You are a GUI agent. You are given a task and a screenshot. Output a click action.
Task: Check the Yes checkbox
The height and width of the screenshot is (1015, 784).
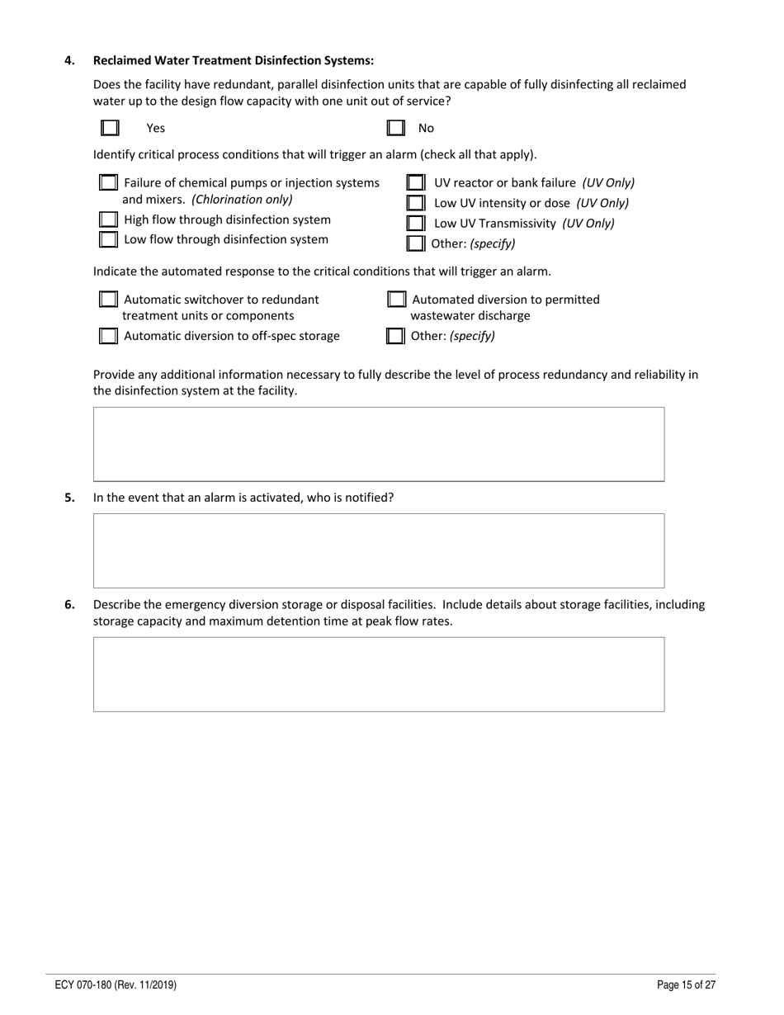(110, 128)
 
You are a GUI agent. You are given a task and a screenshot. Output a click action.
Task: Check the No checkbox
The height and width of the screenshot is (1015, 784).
(396, 128)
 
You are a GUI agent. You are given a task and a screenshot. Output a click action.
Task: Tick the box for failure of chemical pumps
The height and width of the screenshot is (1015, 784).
(108, 182)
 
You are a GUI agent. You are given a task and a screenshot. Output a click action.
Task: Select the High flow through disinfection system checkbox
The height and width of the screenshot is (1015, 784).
(108, 220)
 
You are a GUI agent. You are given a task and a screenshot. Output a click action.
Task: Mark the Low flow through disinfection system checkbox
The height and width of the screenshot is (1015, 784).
(108, 239)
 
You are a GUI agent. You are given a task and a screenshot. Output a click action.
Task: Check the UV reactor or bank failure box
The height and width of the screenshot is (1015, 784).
(416, 182)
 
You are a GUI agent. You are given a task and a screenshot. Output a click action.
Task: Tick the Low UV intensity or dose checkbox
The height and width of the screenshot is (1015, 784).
(416, 203)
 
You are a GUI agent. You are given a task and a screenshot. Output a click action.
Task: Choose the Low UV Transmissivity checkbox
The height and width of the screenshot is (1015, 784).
(416, 223)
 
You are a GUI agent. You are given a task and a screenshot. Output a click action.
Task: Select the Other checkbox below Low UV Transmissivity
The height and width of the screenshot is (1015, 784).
(416, 243)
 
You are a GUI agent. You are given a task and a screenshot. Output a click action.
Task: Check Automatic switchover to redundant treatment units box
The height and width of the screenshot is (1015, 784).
(108, 299)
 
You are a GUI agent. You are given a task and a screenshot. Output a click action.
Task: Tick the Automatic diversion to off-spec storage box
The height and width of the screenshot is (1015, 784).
(108, 336)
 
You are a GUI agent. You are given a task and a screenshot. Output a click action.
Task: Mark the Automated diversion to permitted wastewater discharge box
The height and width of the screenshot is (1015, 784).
(397, 299)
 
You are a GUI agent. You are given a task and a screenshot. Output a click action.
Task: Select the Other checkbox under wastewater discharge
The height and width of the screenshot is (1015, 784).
(396, 336)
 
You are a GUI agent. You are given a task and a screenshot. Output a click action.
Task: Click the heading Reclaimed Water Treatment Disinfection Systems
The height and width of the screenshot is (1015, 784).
(234, 60)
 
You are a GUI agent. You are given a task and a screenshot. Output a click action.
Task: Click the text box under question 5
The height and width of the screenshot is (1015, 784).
(379, 550)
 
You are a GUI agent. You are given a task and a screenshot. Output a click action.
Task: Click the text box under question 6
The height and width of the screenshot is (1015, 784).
(379, 673)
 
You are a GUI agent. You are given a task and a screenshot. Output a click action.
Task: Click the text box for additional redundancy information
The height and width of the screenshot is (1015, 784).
(379, 444)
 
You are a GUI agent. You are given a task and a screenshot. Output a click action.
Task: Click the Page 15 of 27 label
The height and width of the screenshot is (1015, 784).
(686, 984)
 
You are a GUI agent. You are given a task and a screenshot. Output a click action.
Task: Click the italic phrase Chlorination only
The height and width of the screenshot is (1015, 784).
(242, 200)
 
